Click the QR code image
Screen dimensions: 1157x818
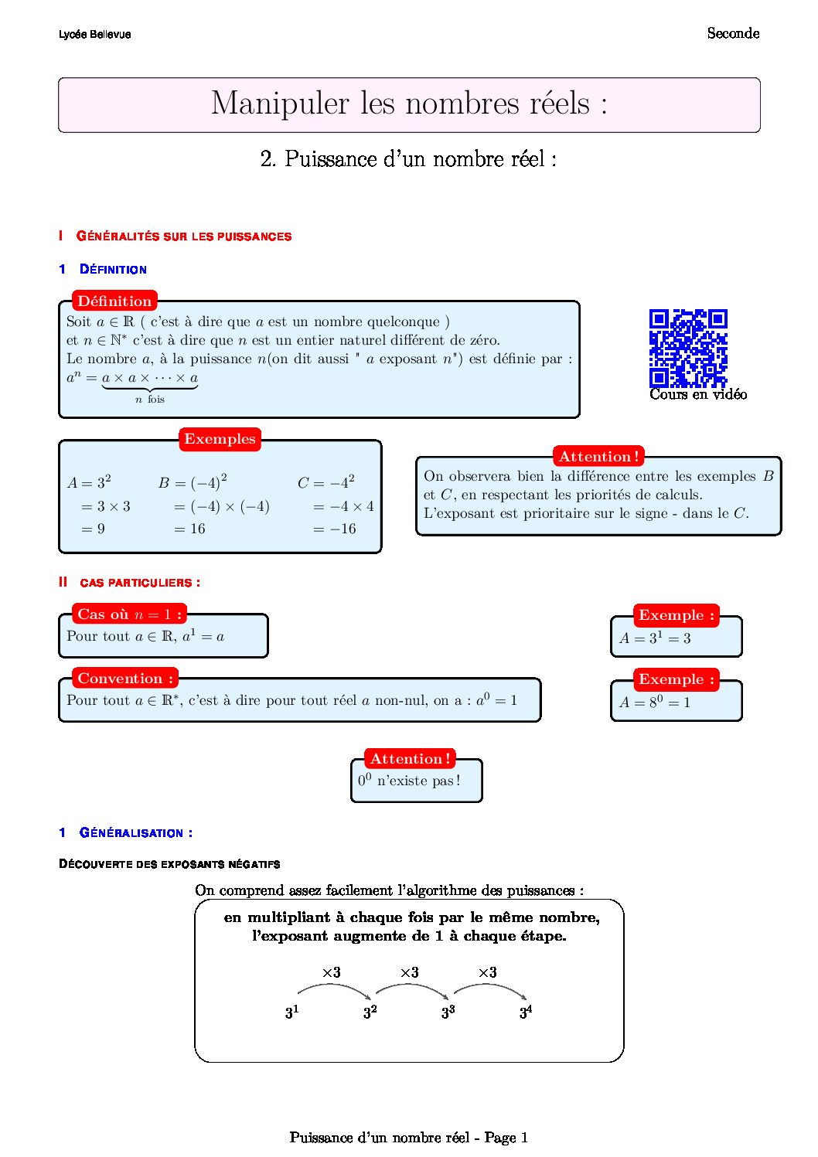pos(688,348)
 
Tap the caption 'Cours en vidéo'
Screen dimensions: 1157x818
pos(698,394)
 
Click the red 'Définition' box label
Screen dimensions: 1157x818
pos(114,301)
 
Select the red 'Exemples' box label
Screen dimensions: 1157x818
pos(220,439)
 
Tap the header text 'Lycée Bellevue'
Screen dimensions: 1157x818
pos(94,35)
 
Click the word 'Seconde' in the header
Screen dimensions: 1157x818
pos(733,33)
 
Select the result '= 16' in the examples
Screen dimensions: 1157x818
pos(189,529)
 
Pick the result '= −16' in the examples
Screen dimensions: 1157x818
pos(335,529)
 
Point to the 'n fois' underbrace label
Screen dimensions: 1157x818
pos(150,400)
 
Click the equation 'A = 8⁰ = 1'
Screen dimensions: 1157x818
pos(655,703)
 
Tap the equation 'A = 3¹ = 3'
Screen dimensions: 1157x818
pos(655,638)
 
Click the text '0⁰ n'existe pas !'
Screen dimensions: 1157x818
pos(409,781)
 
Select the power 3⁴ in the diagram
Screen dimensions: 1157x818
pos(526,1012)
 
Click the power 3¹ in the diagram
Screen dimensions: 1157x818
pos(291,1012)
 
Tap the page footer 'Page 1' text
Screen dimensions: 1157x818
pos(506,1137)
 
